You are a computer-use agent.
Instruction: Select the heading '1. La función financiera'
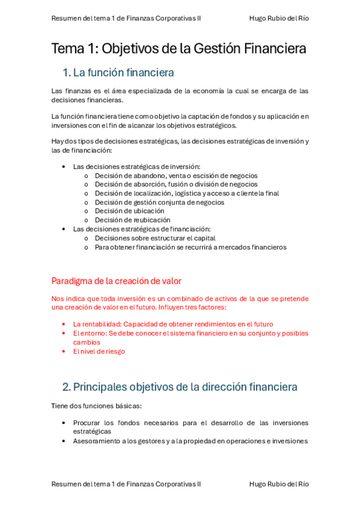click(118, 73)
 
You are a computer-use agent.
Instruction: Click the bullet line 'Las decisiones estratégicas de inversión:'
click(136, 167)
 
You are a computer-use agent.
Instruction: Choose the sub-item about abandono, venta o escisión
click(176, 176)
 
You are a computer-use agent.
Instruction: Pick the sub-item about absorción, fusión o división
click(176, 184)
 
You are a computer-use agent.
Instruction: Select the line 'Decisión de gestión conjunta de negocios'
click(159, 202)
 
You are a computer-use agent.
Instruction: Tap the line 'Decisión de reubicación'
click(132, 220)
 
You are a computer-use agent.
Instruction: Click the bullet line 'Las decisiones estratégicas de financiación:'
click(142, 229)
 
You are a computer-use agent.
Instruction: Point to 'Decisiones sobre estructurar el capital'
click(155, 238)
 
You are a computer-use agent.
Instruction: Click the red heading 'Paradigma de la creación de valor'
click(116, 281)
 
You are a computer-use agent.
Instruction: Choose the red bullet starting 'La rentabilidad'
click(173, 324)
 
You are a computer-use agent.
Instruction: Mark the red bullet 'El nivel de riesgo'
click(99, 351)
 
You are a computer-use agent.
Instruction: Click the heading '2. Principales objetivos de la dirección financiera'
click(180, 387)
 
